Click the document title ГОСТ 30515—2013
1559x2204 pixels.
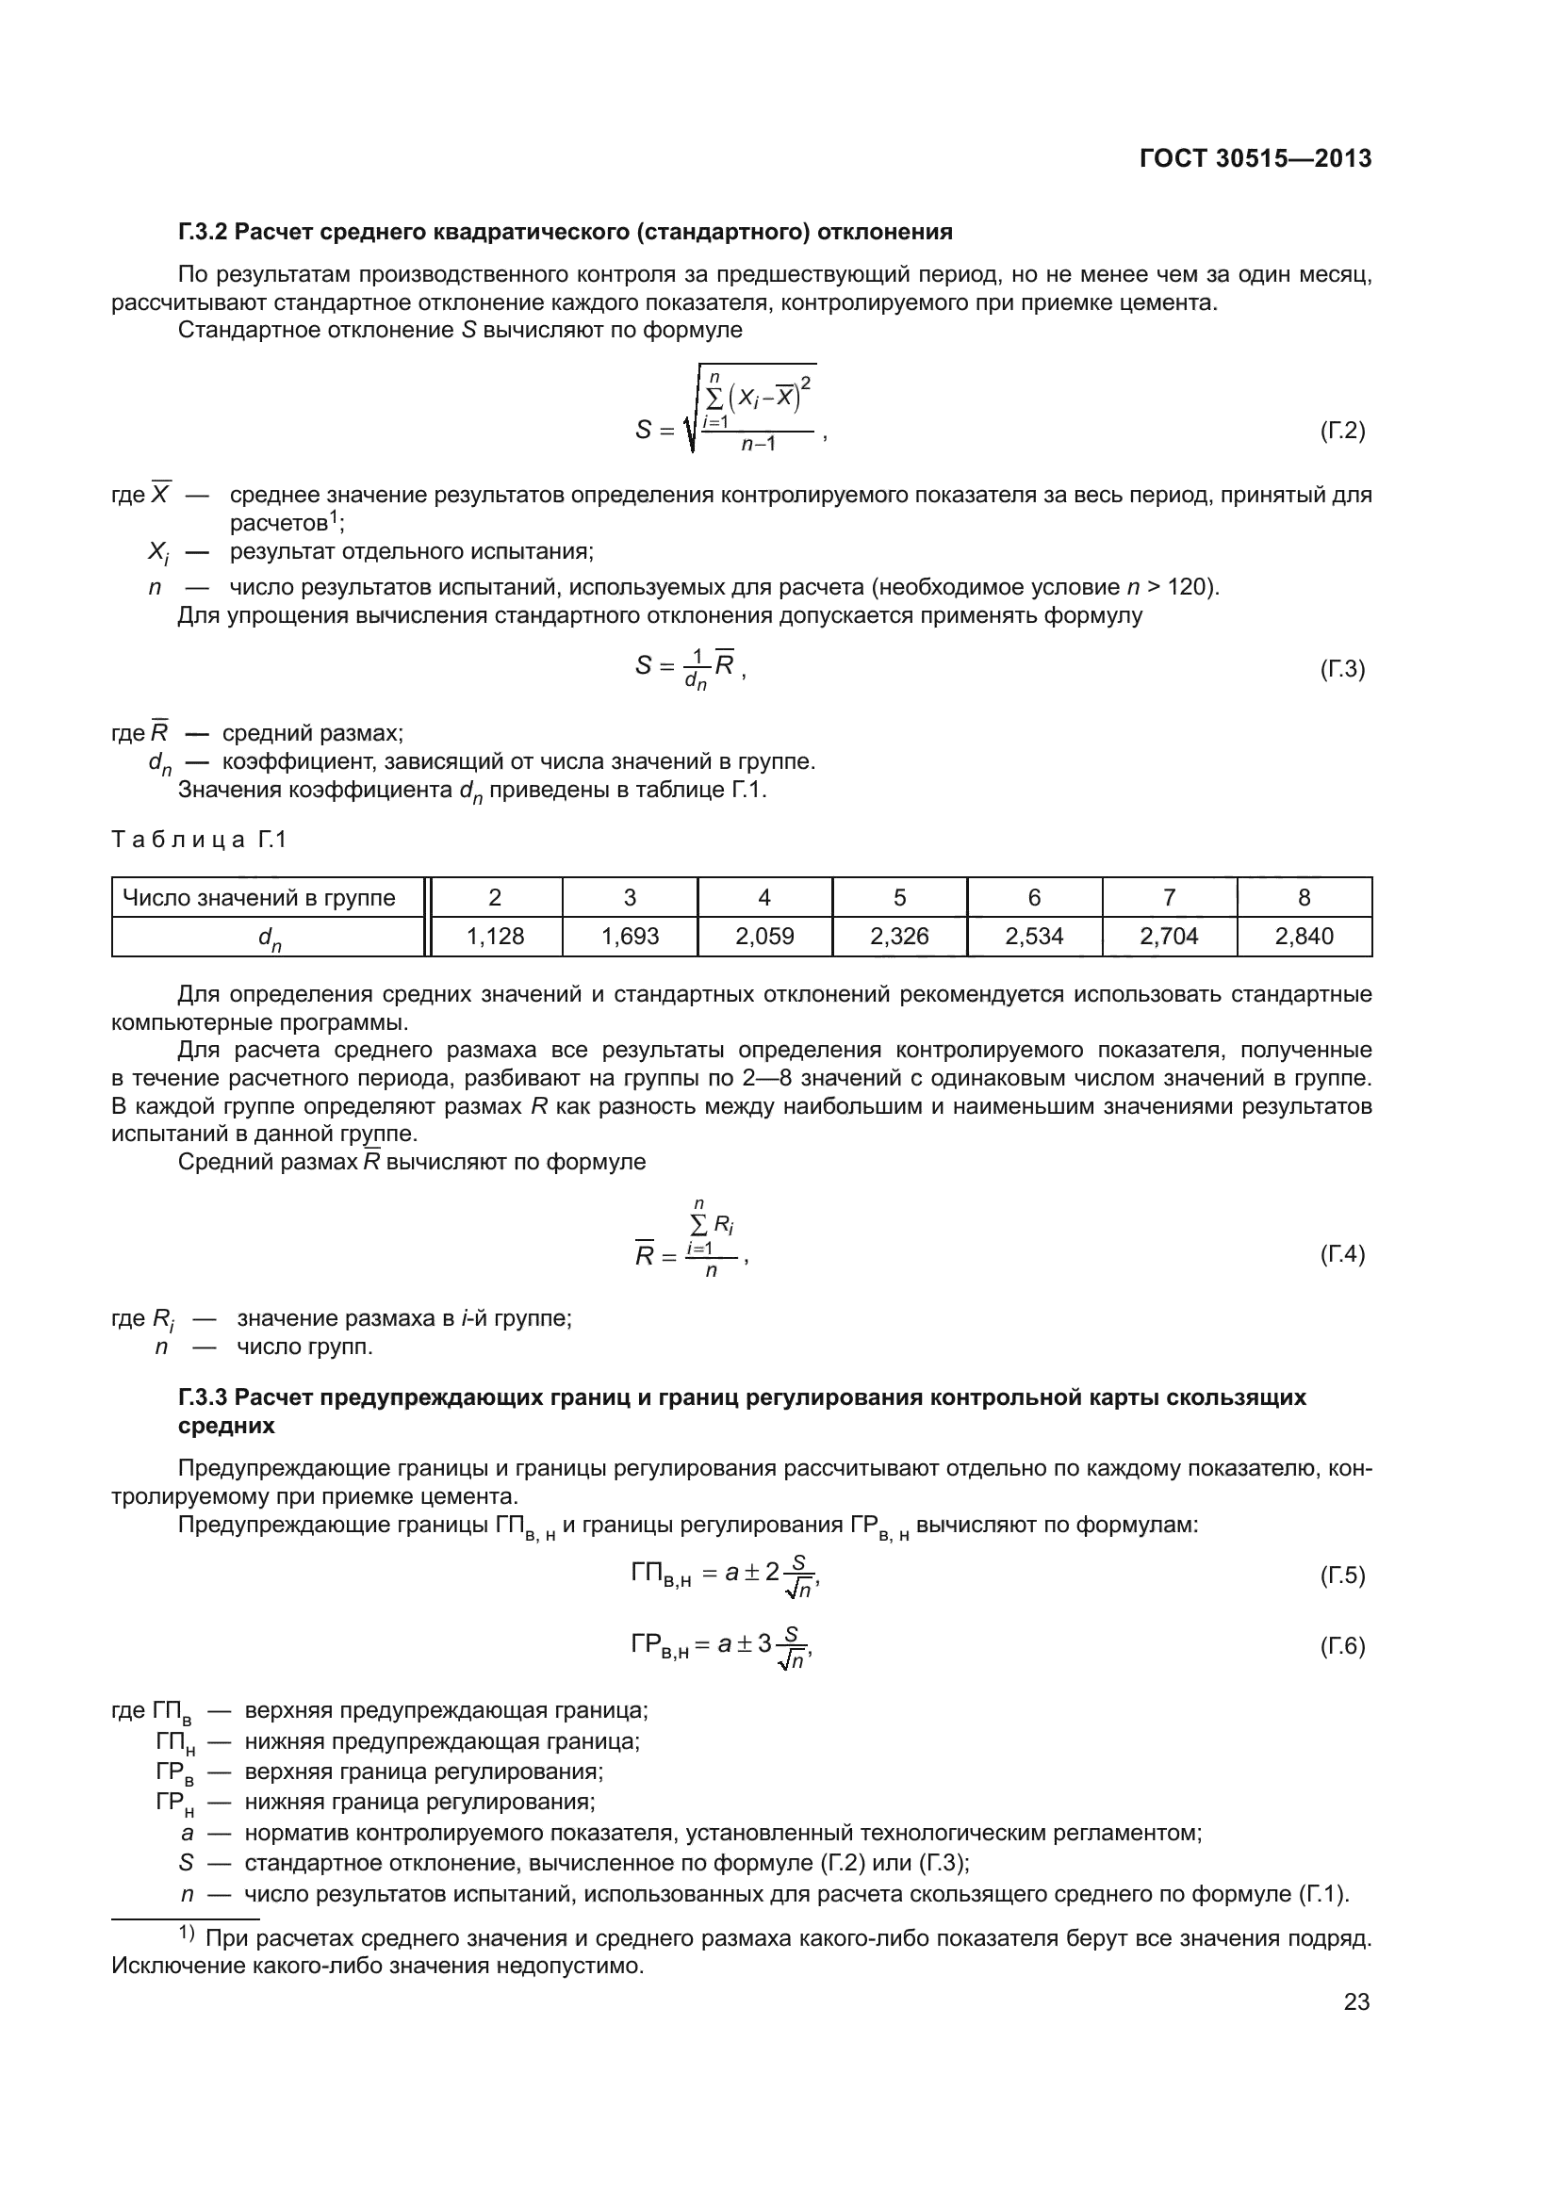point(1255,159)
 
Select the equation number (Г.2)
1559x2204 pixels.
point(1342,430)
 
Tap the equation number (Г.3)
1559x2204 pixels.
point(1342,668)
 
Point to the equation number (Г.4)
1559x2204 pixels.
point(1342,1253)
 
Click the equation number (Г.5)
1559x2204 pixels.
point(1342,1575)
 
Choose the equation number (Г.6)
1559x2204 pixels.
point(1342,1645)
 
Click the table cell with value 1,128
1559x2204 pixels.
point(496,936)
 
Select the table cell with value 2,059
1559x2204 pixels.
point(764,936)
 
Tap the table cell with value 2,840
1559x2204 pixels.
point(1304,936)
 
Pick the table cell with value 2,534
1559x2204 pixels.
point(1034,936)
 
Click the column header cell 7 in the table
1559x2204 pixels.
point(1168,898)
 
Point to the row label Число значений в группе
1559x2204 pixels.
point(259,898)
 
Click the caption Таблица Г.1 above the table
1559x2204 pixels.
point(199,840)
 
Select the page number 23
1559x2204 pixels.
point(1356,2001)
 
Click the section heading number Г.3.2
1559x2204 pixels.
point(203,233)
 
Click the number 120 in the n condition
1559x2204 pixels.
point(1190,587)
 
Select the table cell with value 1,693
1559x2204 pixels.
point(630,936)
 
